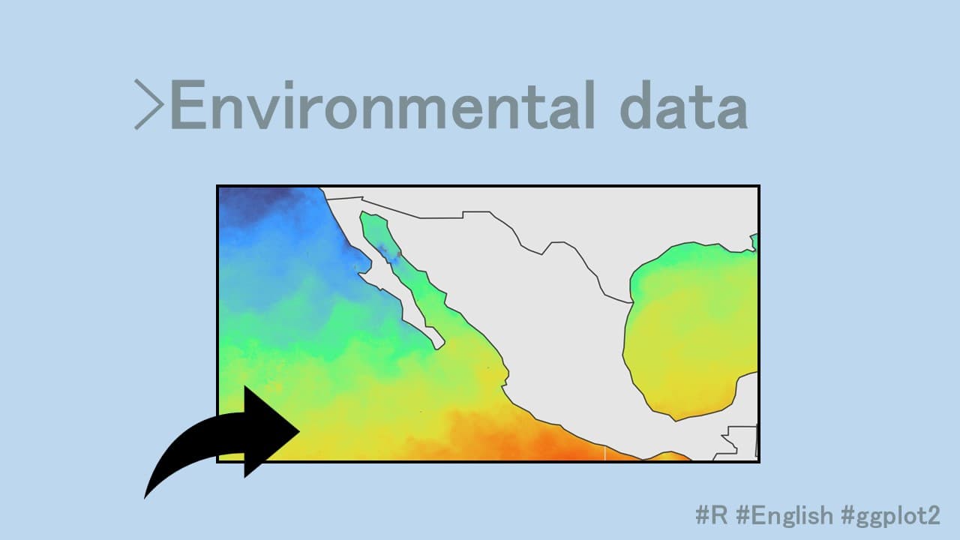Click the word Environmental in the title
[382, 104]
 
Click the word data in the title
[684, 104]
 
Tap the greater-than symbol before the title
[148, 104]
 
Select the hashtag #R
[712, 514]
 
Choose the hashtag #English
[784, 515]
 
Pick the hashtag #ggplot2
[891, 515]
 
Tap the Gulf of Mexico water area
[690, 334]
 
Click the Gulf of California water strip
[403, 265]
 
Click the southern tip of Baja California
[438, 348]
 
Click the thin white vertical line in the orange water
[604, 454]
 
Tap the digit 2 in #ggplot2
[933, 515]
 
